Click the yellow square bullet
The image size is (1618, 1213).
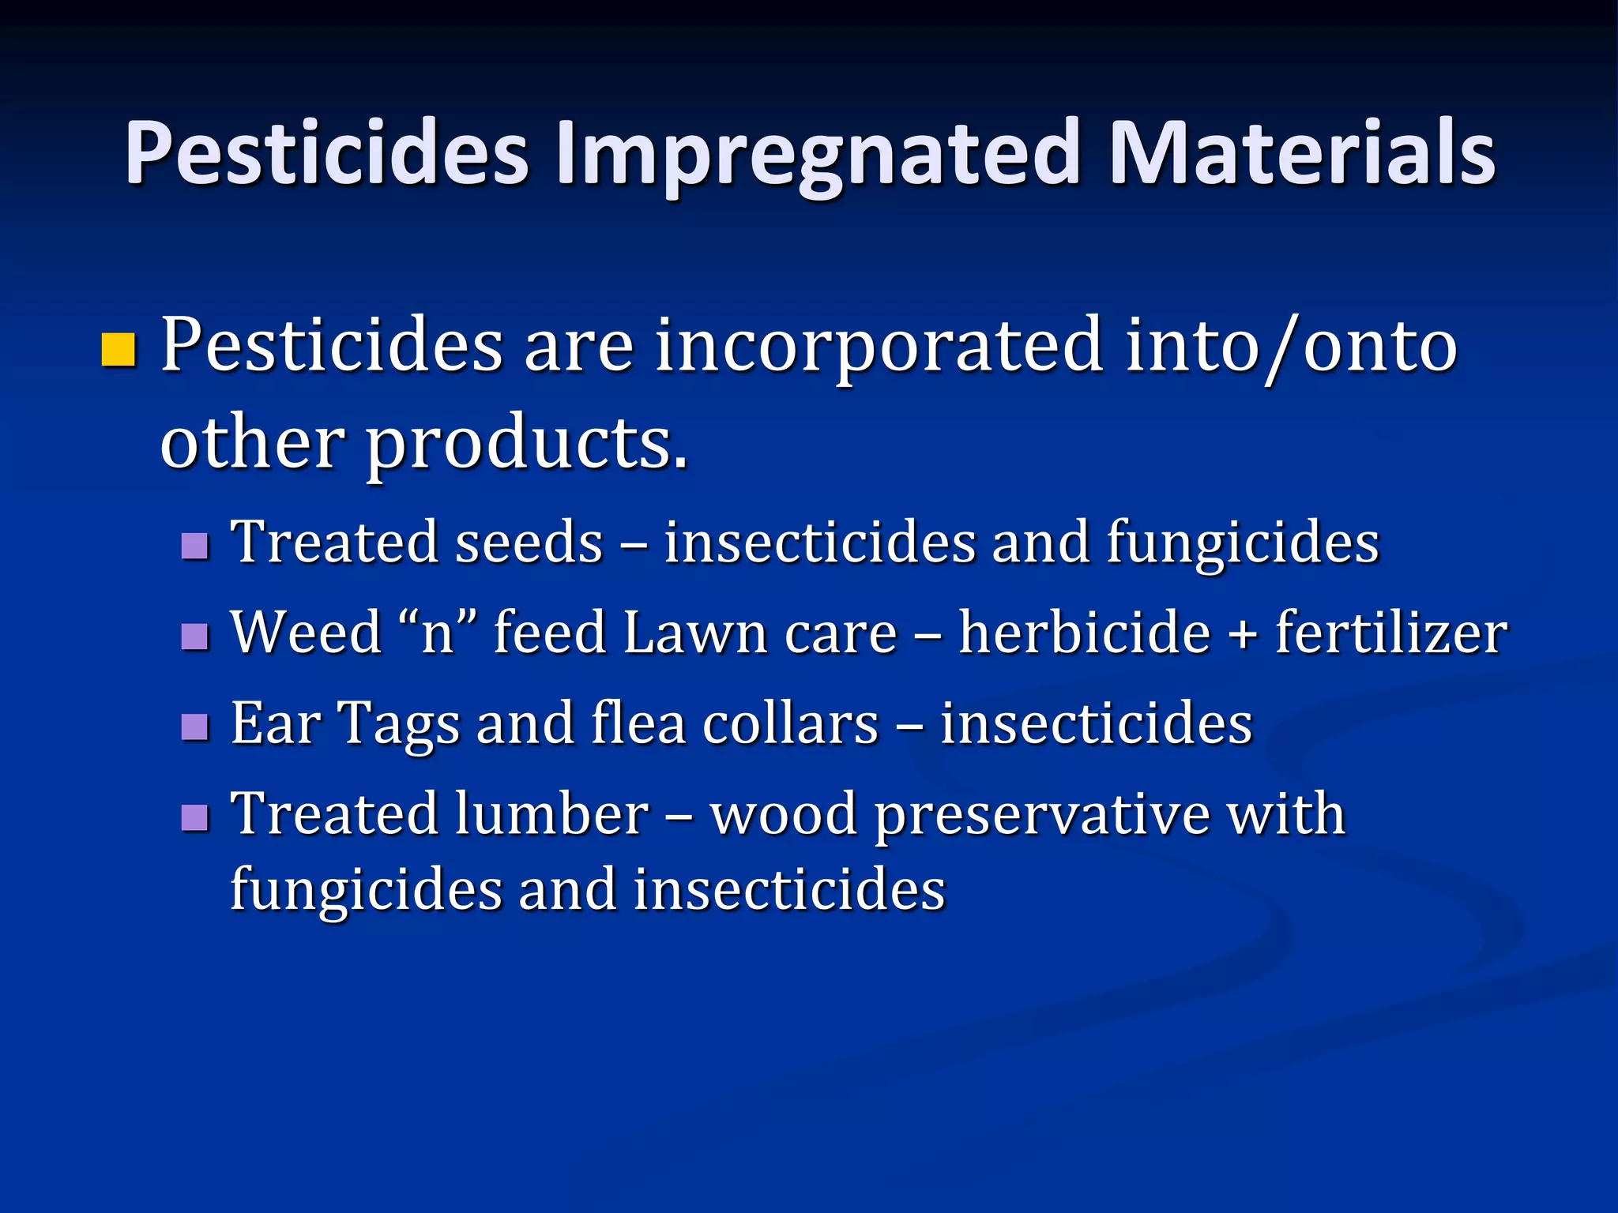pos(119,351)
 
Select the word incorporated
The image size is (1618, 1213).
pos(879,347)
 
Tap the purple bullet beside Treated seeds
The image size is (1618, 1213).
pos(194,546)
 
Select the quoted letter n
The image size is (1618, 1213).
pos(438,633)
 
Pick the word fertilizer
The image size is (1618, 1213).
pos(1391,633)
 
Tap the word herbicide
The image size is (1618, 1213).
pos(1084,633)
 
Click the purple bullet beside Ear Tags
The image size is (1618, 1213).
pos(194,727)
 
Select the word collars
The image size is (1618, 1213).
pos(790,723)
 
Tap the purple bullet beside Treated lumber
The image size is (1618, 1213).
pos(194,817)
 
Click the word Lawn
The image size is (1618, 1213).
pos(694,633)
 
